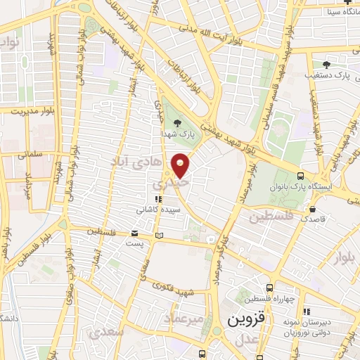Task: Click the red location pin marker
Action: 181,165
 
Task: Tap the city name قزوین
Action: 245,319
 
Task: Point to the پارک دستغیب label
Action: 328,74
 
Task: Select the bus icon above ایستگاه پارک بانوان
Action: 301,176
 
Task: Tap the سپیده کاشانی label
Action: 157,210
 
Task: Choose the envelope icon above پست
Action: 135,233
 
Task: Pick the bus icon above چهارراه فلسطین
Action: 270,288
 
